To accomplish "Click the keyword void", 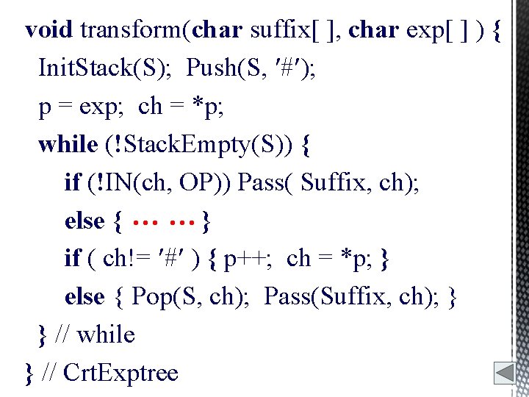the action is click(48, 30).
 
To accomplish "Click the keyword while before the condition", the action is click(68, 144).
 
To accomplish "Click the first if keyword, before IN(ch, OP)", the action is click(72, 182).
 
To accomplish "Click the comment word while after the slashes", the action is click(105, 335).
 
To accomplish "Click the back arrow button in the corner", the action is click(505, 372).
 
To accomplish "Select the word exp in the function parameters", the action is click(427, 30).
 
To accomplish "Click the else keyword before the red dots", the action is click(84, 221).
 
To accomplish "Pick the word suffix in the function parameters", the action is click(278, 30).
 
